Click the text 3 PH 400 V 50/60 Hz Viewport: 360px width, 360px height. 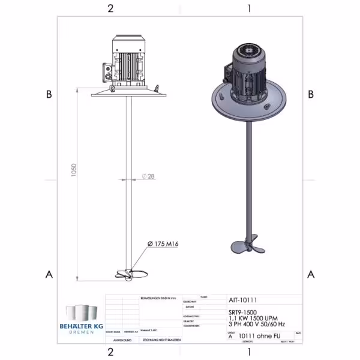257,324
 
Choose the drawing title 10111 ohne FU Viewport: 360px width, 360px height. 261,337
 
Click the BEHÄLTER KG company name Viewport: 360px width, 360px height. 82,325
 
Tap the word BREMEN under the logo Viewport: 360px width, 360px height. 82,332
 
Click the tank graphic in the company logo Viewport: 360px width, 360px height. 82,312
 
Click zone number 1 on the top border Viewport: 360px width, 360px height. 248,8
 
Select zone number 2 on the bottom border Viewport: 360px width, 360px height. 110,351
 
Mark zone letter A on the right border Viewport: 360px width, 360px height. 311,274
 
